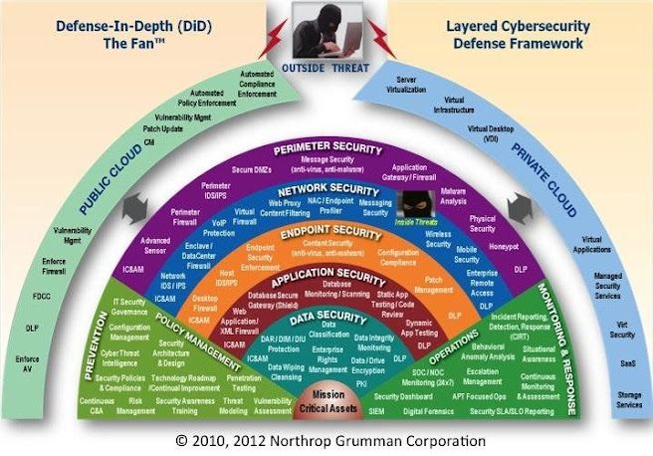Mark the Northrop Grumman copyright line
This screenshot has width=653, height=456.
pos(327,439)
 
